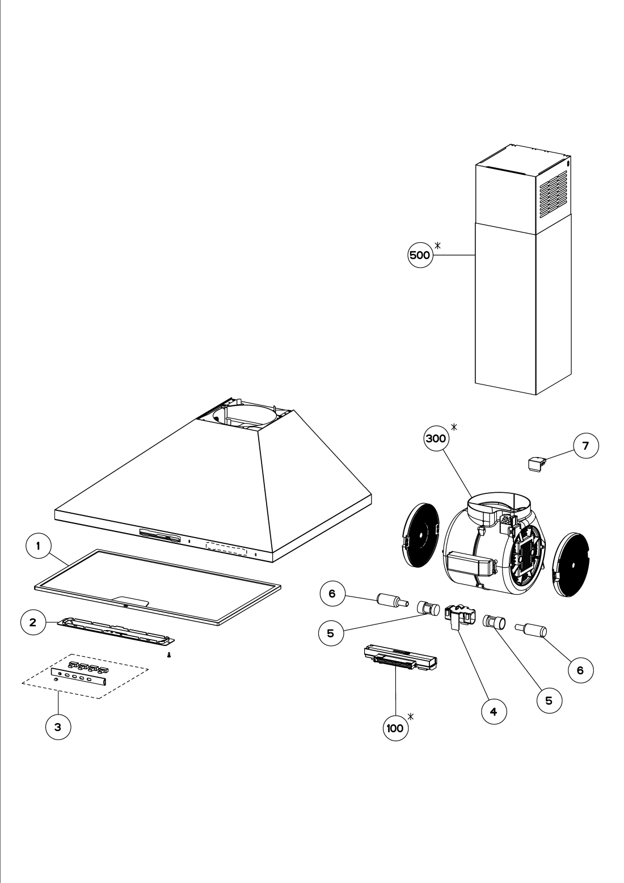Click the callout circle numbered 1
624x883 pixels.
point(38,547)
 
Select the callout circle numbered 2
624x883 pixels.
point(33,622)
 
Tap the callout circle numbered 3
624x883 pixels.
point(57,727)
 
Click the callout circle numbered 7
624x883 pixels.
point(585,446)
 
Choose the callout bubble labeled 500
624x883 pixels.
point(420,255)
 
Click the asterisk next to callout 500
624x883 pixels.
point(438,245)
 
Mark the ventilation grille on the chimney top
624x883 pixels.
point(550,193)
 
